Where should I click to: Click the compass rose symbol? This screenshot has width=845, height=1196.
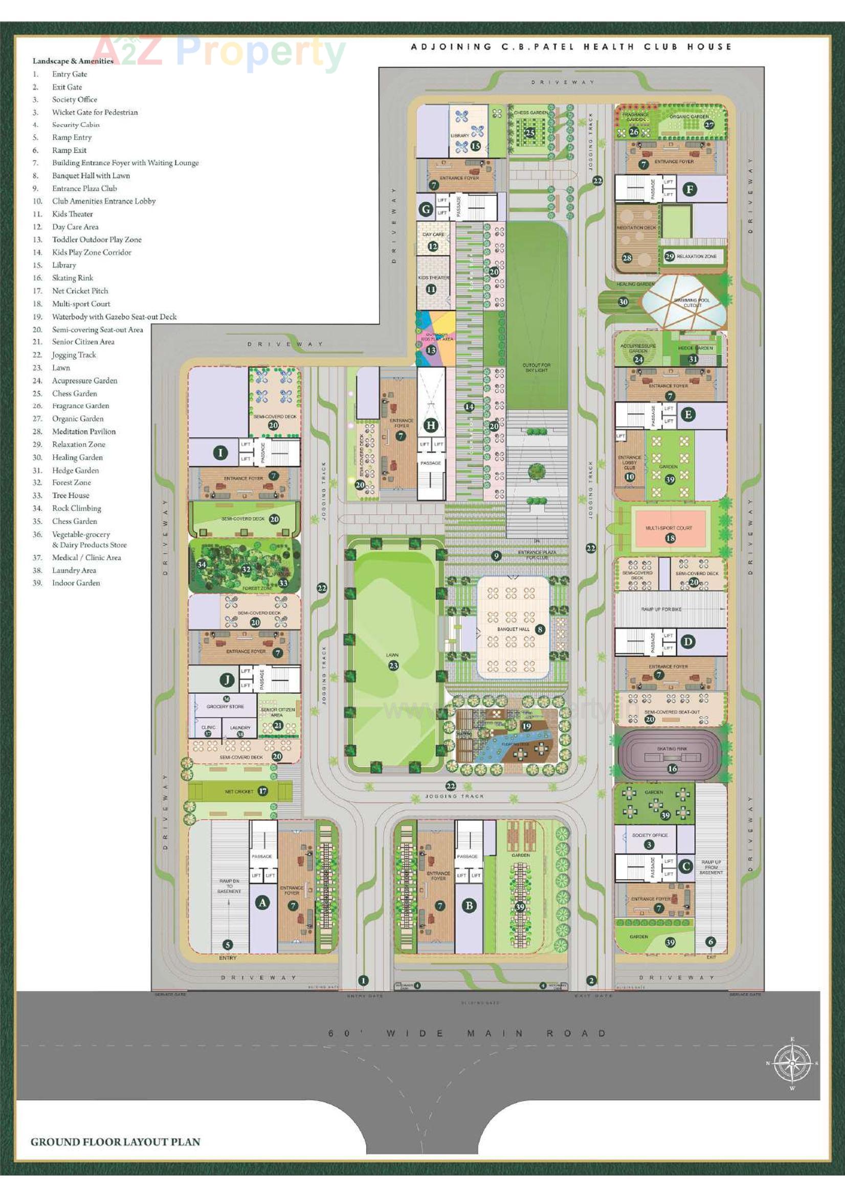click(792, 1062)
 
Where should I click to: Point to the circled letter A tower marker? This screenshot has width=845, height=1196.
click(262, 903)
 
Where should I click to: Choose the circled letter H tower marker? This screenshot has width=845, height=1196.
click(431, 425)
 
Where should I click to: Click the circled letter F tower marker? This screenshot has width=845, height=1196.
click(690, 189)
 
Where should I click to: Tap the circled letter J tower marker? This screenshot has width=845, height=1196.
click(227, 679)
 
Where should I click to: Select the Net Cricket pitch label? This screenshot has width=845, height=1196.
click(239, 791)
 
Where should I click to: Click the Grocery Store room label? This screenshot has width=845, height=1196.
click(225, 707)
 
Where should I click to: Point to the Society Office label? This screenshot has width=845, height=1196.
click(650, 835)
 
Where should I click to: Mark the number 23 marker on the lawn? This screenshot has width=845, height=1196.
click(393, 665)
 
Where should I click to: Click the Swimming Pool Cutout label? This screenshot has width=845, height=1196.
click(693, 303)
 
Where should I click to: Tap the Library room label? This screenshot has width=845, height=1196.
click(459, 136)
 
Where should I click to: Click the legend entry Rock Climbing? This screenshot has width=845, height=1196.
click(76, 508)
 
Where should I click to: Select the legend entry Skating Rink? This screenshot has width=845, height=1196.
click(73, 278)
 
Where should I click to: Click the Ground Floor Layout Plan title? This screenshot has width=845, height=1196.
click(115, 1141)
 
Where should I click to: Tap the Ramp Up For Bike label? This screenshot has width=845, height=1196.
click(661, 609)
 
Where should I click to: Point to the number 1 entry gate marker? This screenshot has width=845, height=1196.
click(364, 980)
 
